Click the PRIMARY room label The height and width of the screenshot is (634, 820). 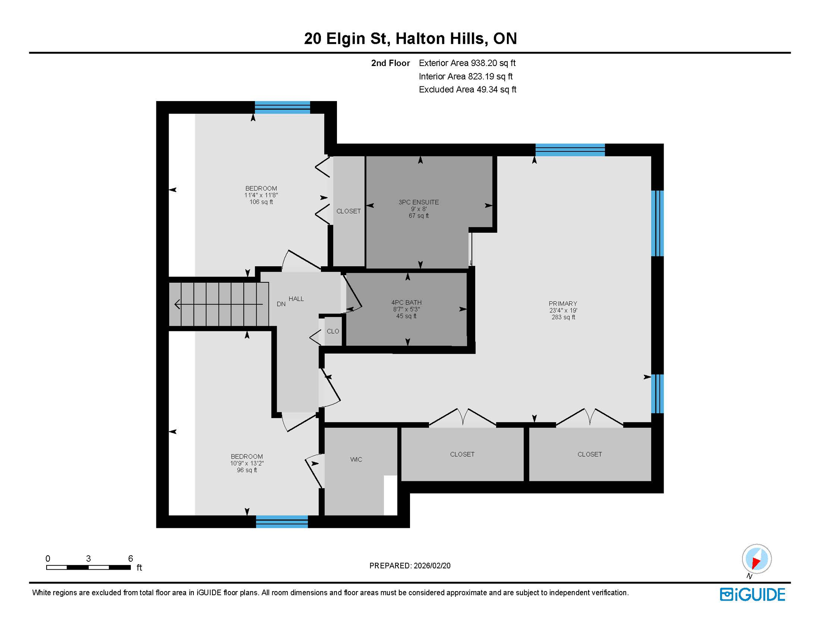563,303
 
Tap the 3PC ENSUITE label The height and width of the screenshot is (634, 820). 418,202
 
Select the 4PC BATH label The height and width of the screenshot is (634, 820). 406,302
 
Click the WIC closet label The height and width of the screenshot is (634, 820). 356,459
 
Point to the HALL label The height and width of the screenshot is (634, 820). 296,299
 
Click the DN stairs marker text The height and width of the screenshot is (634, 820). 281,304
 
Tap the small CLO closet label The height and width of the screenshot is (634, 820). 332,331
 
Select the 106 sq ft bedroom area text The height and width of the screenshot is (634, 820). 261,202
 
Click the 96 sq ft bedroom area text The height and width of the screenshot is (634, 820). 247,470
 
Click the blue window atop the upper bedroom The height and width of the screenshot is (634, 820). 282,107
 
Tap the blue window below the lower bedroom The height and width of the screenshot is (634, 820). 282,522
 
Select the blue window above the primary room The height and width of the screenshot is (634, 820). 570,150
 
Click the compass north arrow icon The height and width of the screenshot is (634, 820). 756,559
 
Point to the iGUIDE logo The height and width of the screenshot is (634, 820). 752,594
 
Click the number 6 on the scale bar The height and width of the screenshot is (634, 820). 130,558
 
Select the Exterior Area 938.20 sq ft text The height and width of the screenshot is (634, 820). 467,63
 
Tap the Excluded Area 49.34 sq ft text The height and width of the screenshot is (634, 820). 467,90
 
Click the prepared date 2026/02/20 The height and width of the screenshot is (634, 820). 432,566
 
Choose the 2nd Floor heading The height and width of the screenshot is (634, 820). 390,63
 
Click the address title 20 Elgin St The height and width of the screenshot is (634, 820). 346,38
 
